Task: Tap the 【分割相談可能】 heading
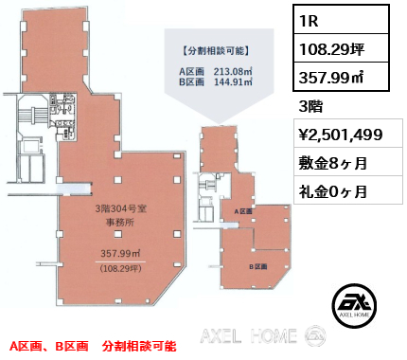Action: [x=212, y=48]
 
